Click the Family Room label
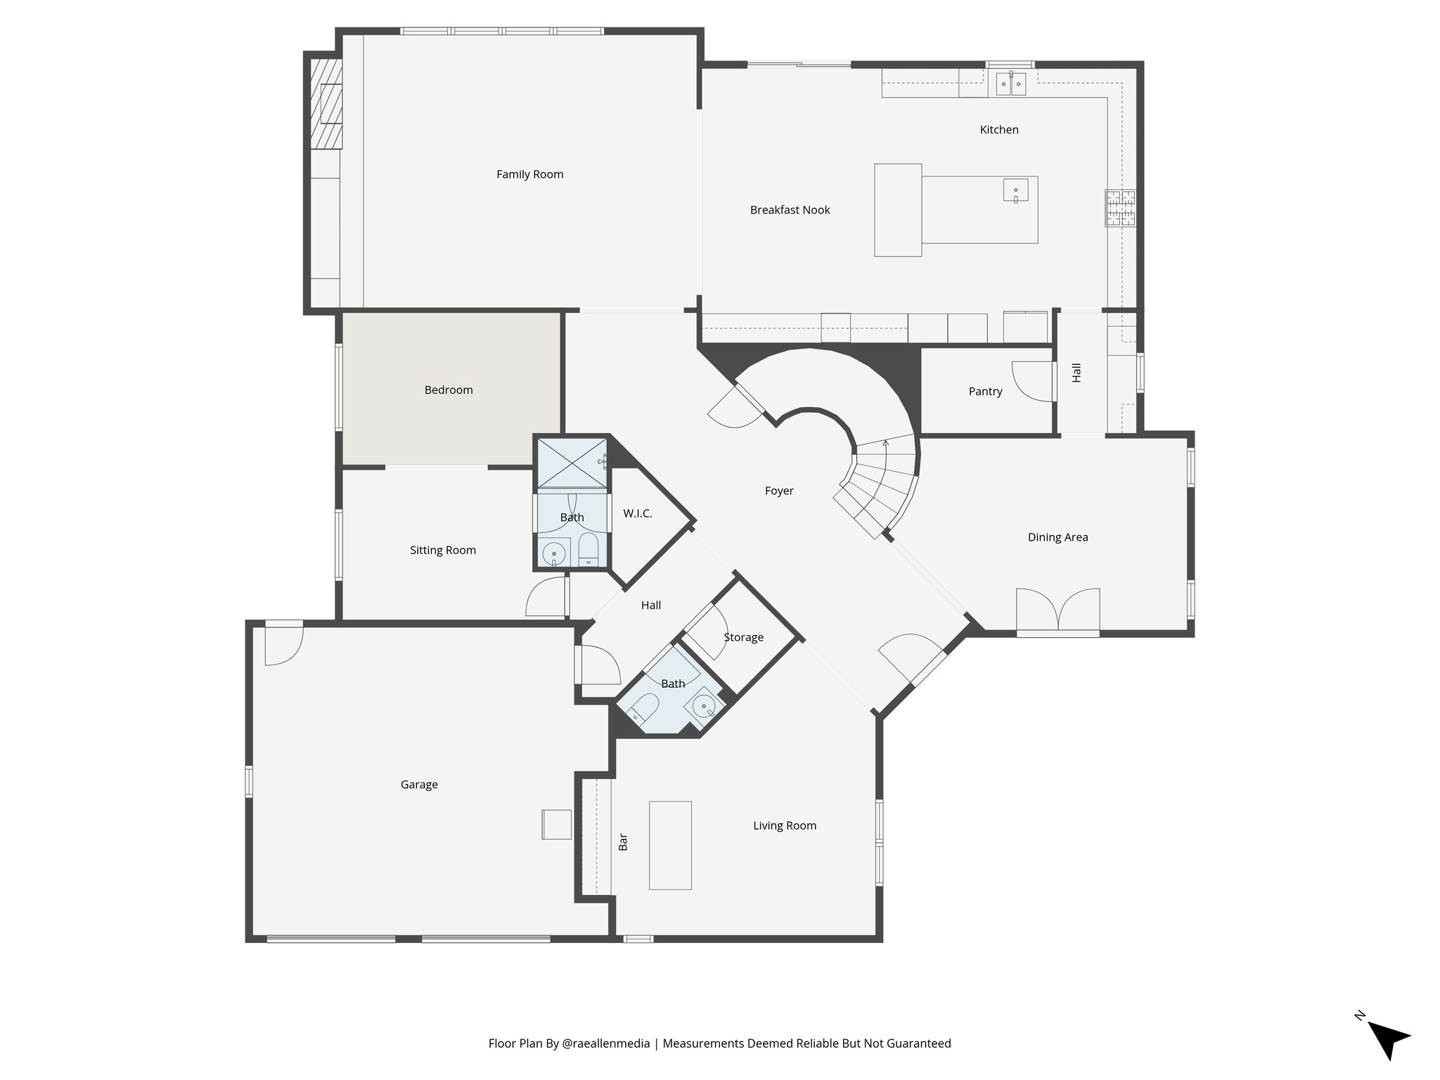(529, 174)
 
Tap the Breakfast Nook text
(790, 210)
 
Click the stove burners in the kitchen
(1120, 209)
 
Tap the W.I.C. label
(637, 513)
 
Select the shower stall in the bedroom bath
(572, 462)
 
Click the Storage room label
(743, 637)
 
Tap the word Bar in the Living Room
(622, 842)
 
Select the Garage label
(419, 784)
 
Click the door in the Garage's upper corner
(283, 644)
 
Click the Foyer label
(779, 491)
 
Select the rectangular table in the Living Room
(670, 845)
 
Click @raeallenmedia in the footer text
(606, 1043)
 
